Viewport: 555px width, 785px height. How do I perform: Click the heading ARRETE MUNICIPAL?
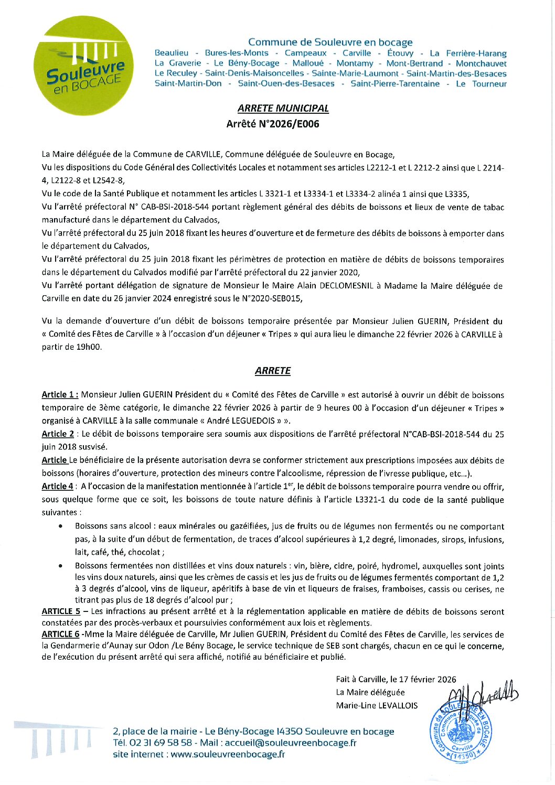[283, 109]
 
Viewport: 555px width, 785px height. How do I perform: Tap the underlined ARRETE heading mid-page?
[272, 371]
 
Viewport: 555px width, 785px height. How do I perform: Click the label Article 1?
[60, 395]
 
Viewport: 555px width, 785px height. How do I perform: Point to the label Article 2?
[58, 434]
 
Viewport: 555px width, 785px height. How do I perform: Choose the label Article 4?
[58, 487]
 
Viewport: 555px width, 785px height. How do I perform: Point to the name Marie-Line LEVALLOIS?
[377, 706]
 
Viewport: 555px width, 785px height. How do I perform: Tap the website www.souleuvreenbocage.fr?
[228, 755]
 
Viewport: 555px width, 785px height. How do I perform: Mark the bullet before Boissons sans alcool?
[61, 526]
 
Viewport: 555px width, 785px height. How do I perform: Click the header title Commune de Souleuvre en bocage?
[330, 42]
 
